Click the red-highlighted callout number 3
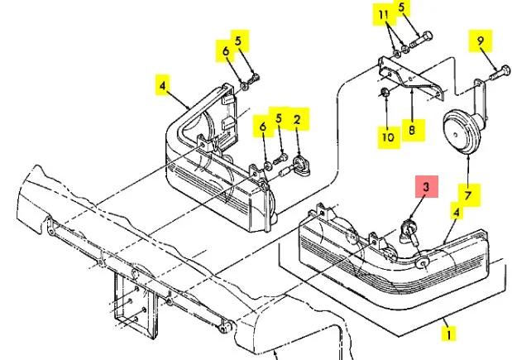pos(425,188)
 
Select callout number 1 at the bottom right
pos(448,334)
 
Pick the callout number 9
pos(479,39)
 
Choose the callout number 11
pos(382,16)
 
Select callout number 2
pos(298,120)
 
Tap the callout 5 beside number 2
pos(279,119)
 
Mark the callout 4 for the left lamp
pos(163,83)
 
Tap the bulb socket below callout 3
pos(409,230)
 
